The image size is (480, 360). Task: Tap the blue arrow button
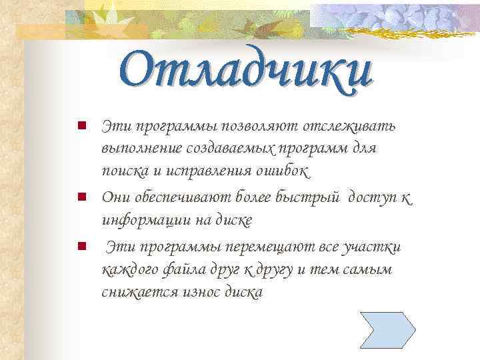tap(387, 331)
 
